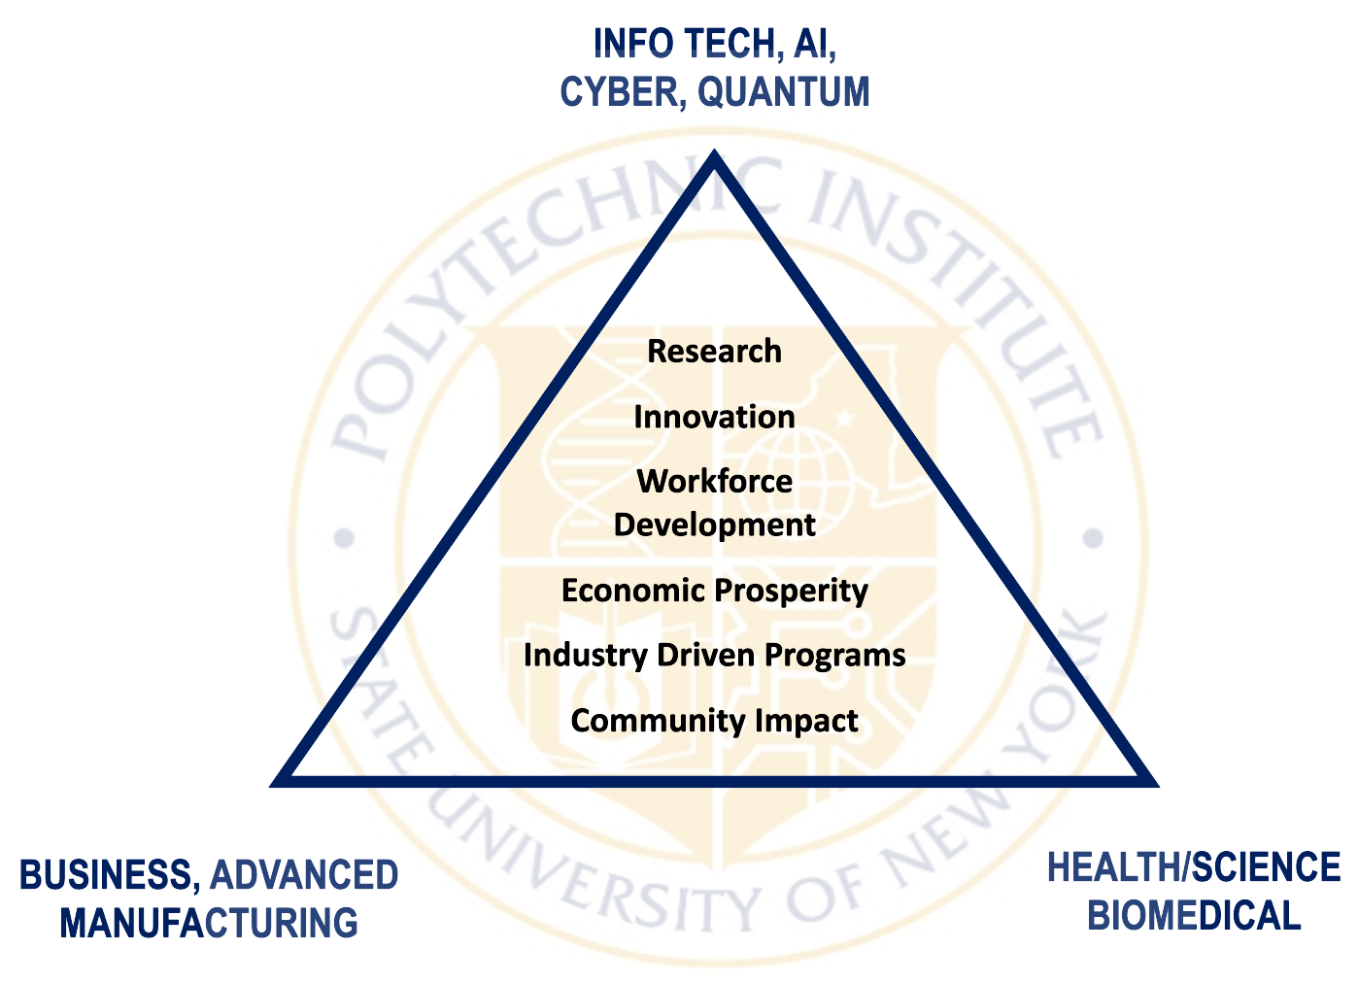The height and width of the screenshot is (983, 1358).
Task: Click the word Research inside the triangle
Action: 714,351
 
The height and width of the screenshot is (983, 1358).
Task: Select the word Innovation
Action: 714,417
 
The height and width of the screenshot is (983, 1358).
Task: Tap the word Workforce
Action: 714,481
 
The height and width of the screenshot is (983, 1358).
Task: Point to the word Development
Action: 714,525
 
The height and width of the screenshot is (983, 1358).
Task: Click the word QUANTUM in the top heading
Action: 784,92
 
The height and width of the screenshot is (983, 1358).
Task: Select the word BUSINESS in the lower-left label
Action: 109,875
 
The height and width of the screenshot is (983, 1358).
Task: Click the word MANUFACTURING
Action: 209,923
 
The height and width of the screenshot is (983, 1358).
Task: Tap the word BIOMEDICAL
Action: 1194,916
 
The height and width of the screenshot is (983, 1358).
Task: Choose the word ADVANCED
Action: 304,875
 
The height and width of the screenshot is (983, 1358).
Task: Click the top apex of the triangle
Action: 715,155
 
